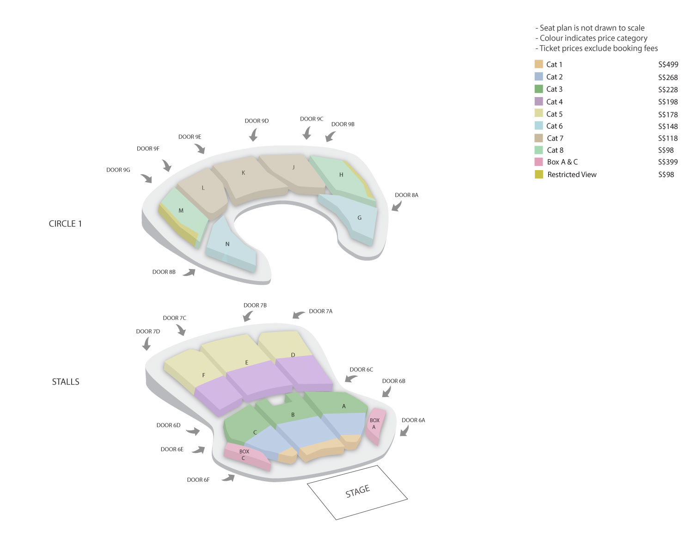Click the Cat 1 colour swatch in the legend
pyautogui.click(x=538, y=64)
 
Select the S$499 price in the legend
pyautogui.click(x=668, y=64)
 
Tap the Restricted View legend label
pyautogui.click(x=572, y=174)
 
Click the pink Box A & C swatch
pyautogui.click(x=538, y=162)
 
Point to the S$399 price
pyautogui.click(x=667, y=162)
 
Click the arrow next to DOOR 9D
pyautogui.click(x=253, y=135)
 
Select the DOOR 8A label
pyautogui.click(x=406, y=195)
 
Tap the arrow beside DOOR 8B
pyautogui.click(x=189, y=272)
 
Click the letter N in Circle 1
pyautogui.click(x=227, y=244)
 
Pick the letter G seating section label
pyautogui.click(x=359, y=218)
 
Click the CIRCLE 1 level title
pyautogui.click(x=65, y=224)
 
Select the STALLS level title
pyautogui.click(x=66, y=381)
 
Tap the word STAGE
pyautogui.click(x=357, y=491)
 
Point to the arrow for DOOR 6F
pyautogui.click(x=228, y=478)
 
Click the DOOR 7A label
pyautogui.click(x=320, y=311)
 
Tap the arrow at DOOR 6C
pyautogui.click(x=351, y=378)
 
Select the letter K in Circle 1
pyautogui.click(x=243, y=173)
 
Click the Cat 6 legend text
pyautogui.click(x=554, y=126)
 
